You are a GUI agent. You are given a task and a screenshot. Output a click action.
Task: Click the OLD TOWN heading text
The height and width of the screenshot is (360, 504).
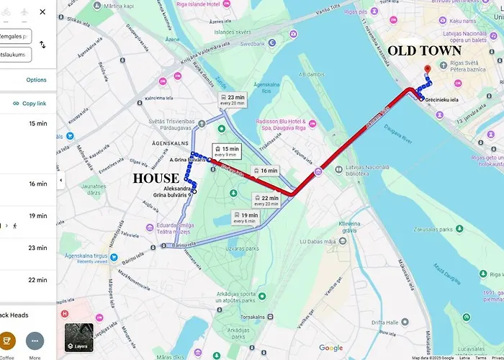(424, 51)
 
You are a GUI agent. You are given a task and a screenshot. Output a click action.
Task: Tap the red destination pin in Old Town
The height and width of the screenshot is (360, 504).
(428, 71)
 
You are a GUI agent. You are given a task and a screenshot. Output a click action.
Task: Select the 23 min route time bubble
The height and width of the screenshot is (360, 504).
(232, 100)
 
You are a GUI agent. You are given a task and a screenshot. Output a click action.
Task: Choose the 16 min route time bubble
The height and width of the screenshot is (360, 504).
(265, 171)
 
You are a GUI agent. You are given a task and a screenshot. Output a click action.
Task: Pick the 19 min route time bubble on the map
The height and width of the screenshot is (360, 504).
(245, 217)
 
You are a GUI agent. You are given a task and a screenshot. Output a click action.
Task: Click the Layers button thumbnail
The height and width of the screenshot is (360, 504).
(78, 337)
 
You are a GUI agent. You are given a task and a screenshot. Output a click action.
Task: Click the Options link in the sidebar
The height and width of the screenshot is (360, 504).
(36, 80)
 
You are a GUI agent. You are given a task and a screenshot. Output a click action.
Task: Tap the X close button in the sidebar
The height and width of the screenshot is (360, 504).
(42, 12)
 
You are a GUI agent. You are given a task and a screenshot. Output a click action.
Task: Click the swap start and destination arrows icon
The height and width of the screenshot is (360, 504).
(42, 45)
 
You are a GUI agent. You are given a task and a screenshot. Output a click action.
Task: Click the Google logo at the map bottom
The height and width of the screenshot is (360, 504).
(331, 348)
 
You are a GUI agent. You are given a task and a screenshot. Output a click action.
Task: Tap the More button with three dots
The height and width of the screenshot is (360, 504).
(35, 341)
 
